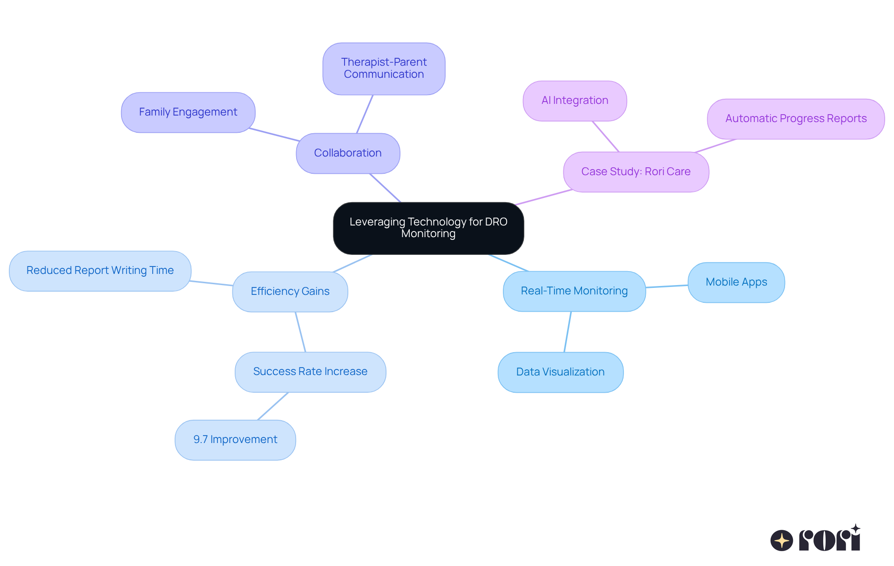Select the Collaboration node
click(x=348, y=153)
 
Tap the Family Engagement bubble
click(x=188, y=112)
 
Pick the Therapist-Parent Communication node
click(x=384, y=68)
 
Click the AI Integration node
click(x=575, y=101)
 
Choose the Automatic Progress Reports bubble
click(x=795, y=119)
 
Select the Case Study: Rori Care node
click(x=636, y=172)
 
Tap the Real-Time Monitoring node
click(x=574, y=291)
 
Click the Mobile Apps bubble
click(x=736, y=282)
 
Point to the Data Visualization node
click(x=560, y=372)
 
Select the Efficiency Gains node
click(x=290, y=292)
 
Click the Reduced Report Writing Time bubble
click(x=100, y=271)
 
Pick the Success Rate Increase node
click(x=310, y=372)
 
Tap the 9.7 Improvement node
click(x=235, y=440)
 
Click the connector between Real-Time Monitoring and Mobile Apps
click(x=667, y=286)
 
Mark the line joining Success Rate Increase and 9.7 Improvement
click(x=273, y=406)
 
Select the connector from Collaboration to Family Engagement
click(x=275, y=134)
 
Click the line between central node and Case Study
click(x=544, y=197)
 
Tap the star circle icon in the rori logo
click(x=781, y=540)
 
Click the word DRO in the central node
click(x=496, y=222)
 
